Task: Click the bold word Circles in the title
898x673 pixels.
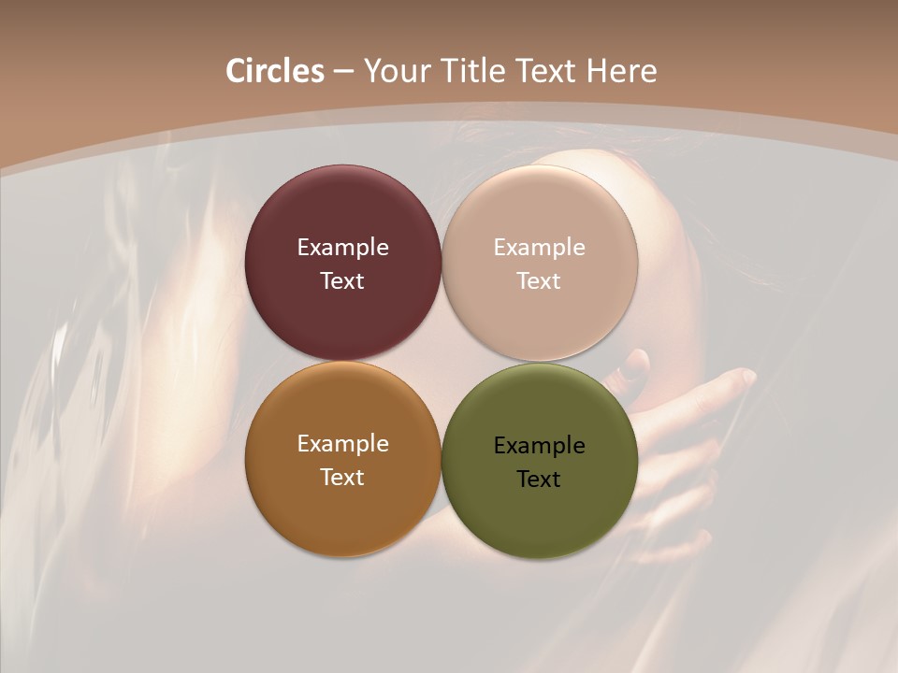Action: pos(274,71)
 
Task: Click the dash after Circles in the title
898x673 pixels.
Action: pos(343,72)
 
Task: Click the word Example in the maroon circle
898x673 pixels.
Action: pos(342,248)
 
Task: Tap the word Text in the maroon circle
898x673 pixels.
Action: pos(342,281)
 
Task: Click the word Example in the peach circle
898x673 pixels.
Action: pos(540,248)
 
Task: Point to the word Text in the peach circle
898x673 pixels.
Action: pos(540,281)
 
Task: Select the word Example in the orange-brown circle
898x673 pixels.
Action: pos(342,444)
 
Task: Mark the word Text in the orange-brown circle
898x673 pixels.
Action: pos(342,478)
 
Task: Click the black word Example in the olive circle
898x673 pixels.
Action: pos(540,446)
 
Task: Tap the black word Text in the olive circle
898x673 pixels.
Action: pos(540,480)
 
